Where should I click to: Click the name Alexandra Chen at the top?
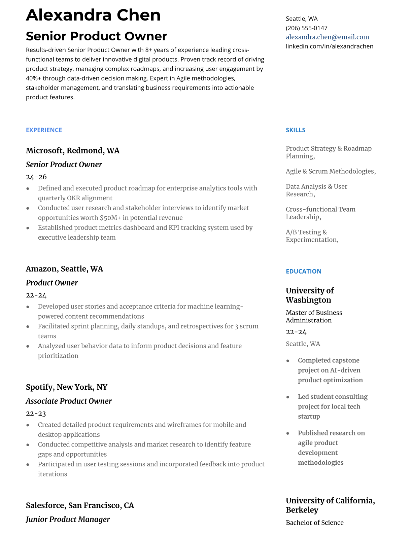[x=93, y=15]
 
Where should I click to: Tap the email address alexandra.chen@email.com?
[x=327, y=37]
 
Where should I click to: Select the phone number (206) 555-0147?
[x=306, y=28]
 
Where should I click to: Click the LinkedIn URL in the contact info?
[x=329, y=46]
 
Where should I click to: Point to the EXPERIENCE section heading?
[x=44, y=130]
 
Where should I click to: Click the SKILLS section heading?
[x=295, y=130]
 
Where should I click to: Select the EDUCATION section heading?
[x=303, y=271]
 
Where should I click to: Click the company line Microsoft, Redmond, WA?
[x=72, y=150]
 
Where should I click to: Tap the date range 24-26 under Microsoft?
[x=36, y=177]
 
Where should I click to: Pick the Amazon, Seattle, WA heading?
[x=64, y=269]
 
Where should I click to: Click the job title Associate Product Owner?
[x=69, y=401]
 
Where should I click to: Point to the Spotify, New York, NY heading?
[x=66, y=387]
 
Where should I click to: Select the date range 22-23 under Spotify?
[x=36, y=414]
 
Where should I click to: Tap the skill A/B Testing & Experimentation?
[x=312, y=236]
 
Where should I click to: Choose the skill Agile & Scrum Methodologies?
[x=330, y=171]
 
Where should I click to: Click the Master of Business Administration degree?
[x=314, y=316]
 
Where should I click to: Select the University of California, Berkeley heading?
[x=330, y=505]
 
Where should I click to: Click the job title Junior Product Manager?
[x=68, y=519]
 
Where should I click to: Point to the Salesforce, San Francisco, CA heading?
[x=80, y=505]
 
